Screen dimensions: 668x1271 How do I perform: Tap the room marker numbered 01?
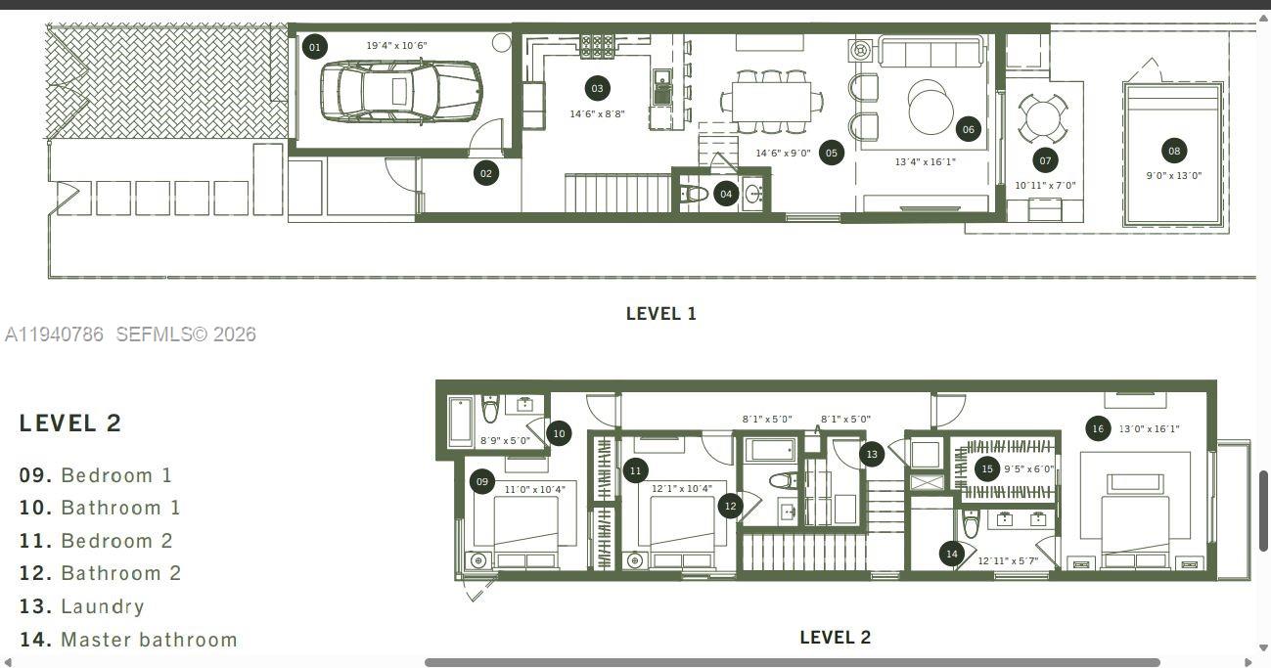tap(314, 47)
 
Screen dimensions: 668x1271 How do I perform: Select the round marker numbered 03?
tap(597, 88)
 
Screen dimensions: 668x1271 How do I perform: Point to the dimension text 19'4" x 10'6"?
tap(396, 46)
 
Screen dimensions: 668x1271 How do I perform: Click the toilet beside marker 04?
tap(694, 194)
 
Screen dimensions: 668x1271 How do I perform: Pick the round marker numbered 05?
tap(831, 153)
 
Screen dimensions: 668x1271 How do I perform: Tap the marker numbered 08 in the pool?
tap(1174, 151)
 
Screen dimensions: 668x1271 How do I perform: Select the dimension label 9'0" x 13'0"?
tap(1174, 176)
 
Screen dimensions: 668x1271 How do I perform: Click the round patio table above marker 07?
tap(1044, 118)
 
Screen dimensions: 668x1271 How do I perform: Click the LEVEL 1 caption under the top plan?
tap(660, 314)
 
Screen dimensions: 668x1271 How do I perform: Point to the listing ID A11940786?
tap(54, 334)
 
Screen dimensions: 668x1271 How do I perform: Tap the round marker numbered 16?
tap(1098, 428)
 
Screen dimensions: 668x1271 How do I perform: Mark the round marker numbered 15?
tap(987, 469)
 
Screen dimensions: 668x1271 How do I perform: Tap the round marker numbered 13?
tap(872, 454)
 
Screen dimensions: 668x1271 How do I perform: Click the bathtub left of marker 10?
tap(461, 421)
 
